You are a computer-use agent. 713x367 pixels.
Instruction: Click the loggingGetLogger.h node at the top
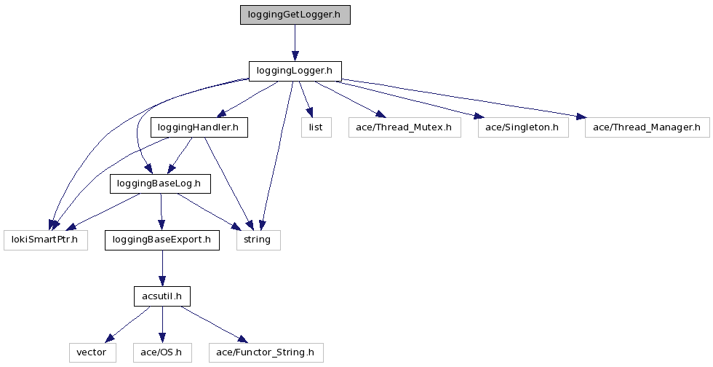295,15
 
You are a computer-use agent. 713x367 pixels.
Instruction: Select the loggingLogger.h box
295,71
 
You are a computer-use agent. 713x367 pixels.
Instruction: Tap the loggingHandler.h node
199,127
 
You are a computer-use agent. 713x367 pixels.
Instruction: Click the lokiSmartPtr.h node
45,240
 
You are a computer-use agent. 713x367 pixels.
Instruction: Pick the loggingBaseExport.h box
162,240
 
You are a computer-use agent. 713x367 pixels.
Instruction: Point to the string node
258,240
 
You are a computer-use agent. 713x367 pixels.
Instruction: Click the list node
316,127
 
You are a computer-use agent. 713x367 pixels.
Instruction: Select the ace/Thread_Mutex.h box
404,127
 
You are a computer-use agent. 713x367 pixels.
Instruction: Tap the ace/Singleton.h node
522,127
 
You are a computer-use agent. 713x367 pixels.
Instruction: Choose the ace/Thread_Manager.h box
646,127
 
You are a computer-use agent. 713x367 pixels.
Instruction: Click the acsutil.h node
162,296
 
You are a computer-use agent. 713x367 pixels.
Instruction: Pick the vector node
92,353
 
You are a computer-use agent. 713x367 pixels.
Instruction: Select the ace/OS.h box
162,353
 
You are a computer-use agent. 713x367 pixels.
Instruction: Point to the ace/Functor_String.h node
265,353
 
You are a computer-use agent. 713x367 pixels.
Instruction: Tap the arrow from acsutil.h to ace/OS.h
162,325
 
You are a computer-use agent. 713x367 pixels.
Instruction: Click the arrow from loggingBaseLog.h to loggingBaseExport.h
161,212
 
